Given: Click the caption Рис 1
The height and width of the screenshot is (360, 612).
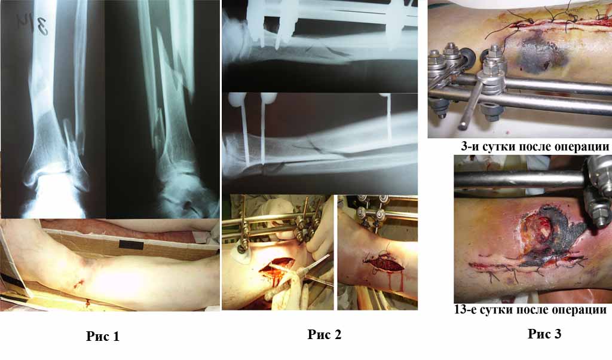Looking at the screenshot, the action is point(103,336).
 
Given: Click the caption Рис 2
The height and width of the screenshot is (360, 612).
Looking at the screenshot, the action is point(325,334).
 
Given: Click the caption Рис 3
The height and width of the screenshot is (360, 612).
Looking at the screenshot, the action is point(544,334).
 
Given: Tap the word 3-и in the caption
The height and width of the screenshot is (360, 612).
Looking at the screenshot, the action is point(470,147).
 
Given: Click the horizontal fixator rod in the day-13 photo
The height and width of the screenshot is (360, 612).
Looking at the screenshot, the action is point(520,178).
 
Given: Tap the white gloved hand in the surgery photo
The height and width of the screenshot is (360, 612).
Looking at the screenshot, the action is point(318,234).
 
